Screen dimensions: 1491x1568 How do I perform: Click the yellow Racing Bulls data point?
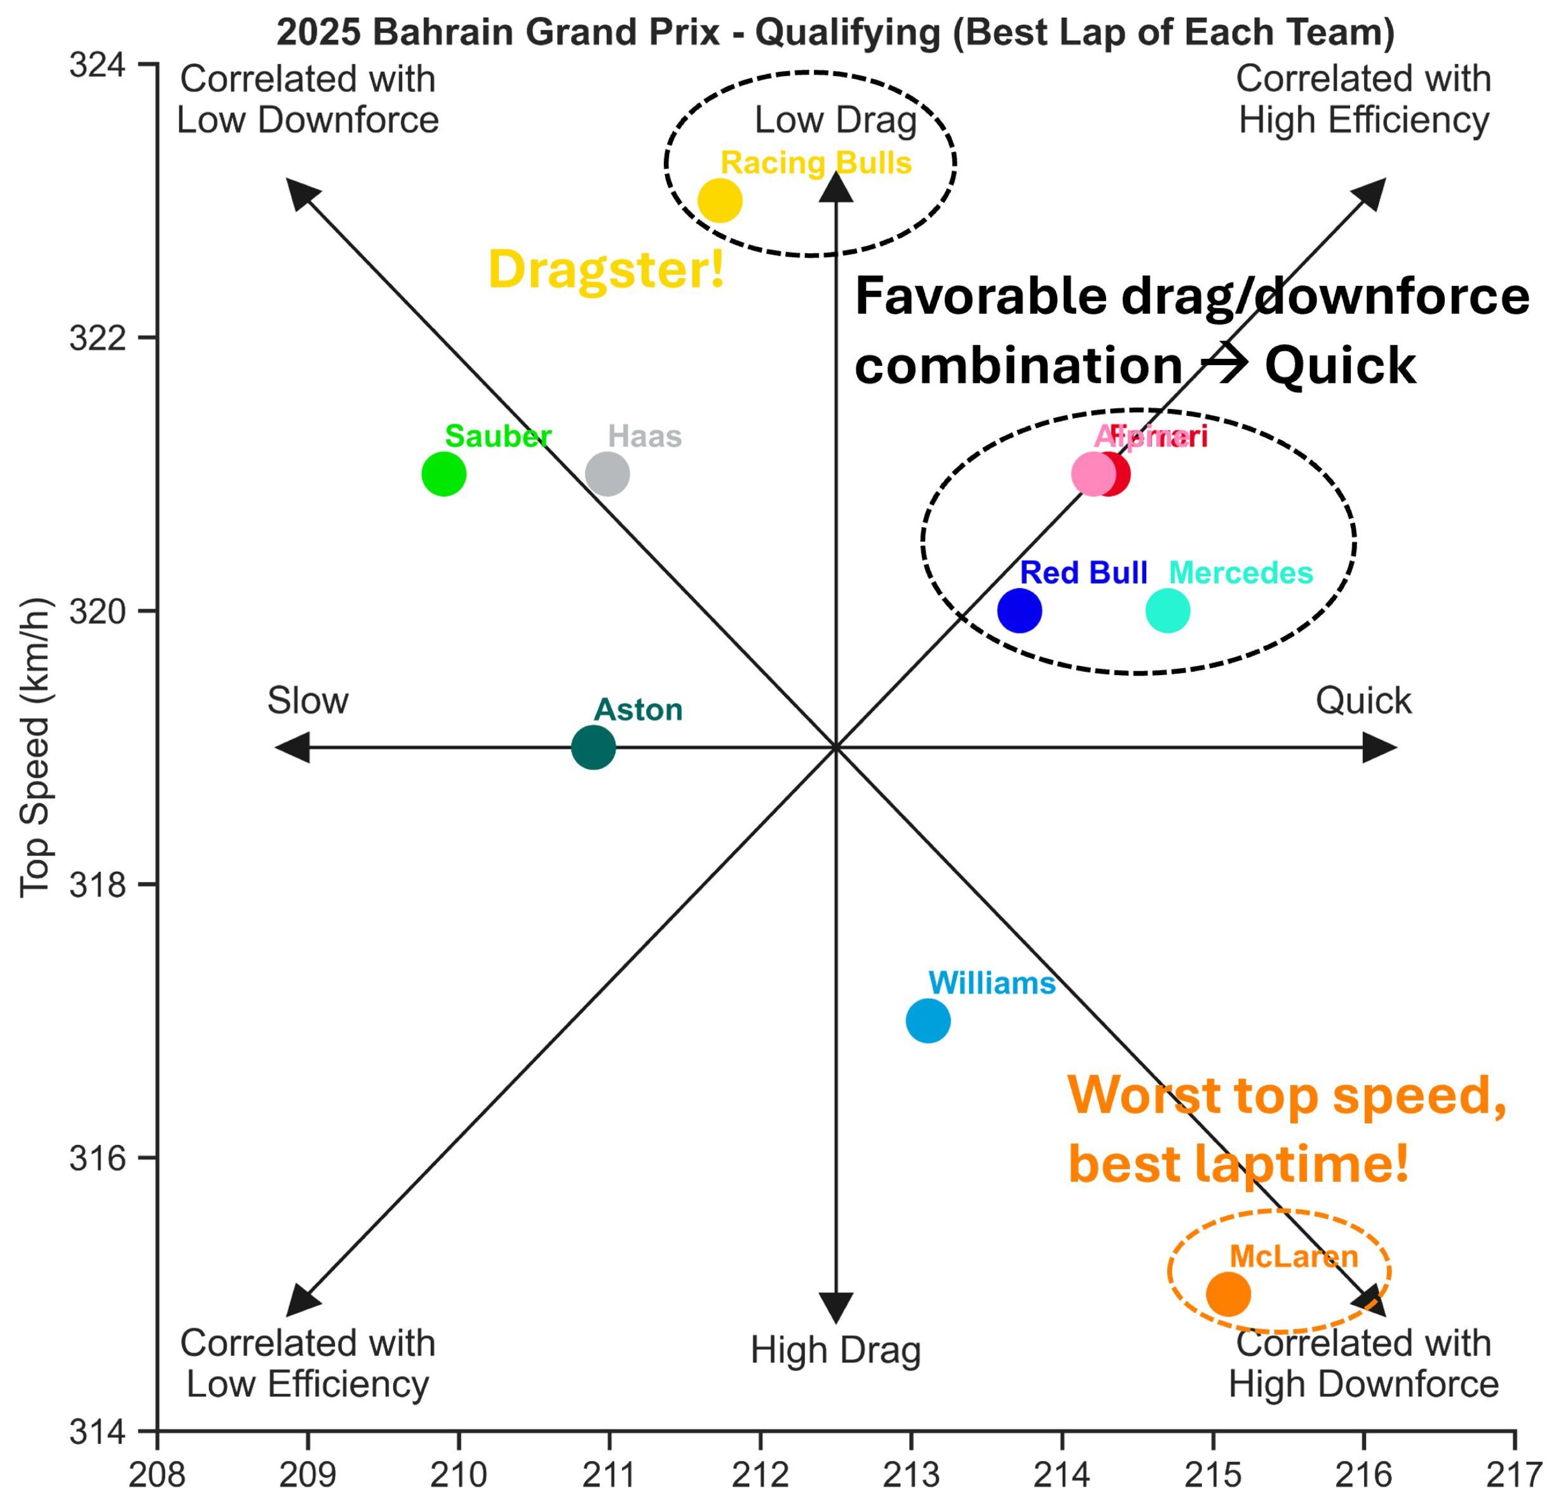(x=720, y=201)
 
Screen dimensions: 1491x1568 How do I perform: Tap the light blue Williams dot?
(x=928, y=1020)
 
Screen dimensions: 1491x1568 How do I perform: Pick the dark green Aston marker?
(x=593, y=748)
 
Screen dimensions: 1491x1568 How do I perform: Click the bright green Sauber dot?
(x=443, y=474)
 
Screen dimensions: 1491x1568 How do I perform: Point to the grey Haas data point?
(x=607, y=474)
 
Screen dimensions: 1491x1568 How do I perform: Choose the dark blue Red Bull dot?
(x=1019, y=611)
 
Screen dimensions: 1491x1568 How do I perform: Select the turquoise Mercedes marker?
(x=1167, y=611)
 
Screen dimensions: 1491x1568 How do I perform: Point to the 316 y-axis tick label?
(x=98, y=1159)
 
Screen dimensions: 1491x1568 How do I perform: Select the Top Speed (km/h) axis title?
(x=35, y=748)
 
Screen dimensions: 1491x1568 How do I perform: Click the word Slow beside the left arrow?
(x=308, y=701)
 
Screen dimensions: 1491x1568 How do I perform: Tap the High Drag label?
(x=835, y=1349)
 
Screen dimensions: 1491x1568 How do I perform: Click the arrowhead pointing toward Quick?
(x=1379, y=748)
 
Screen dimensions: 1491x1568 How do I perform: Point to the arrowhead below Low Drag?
(x=835, y=187)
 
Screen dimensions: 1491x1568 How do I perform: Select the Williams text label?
(x=992, y=983)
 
